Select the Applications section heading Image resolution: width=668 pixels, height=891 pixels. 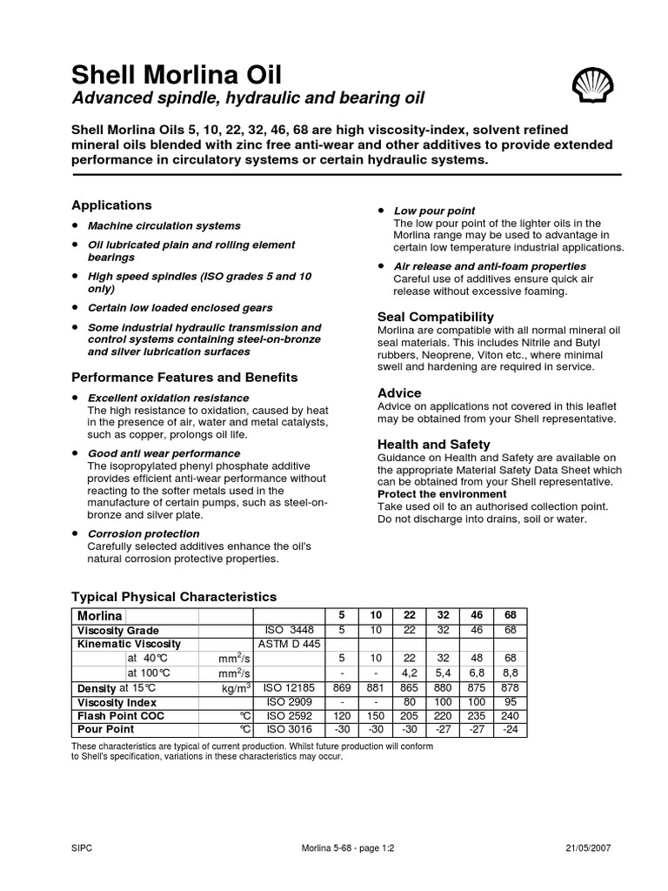[x=111, y=205]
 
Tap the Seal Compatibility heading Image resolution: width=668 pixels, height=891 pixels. [x=436, y=317]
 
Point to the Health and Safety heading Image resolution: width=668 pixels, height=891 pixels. [x=433, y=444]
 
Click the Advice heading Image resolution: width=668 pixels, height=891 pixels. [x=399, y=392]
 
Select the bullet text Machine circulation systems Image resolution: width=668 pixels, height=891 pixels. [x=152, y=226]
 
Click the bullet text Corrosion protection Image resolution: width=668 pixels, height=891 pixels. [x=144, y=533]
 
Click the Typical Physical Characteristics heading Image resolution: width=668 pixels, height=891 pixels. [x=173, y=597]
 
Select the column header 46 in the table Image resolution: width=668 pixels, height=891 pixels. [x=476, y=615]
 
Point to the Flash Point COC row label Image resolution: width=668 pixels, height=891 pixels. [x=121, y=715]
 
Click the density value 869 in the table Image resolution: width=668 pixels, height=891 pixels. [x=342, y=687]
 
